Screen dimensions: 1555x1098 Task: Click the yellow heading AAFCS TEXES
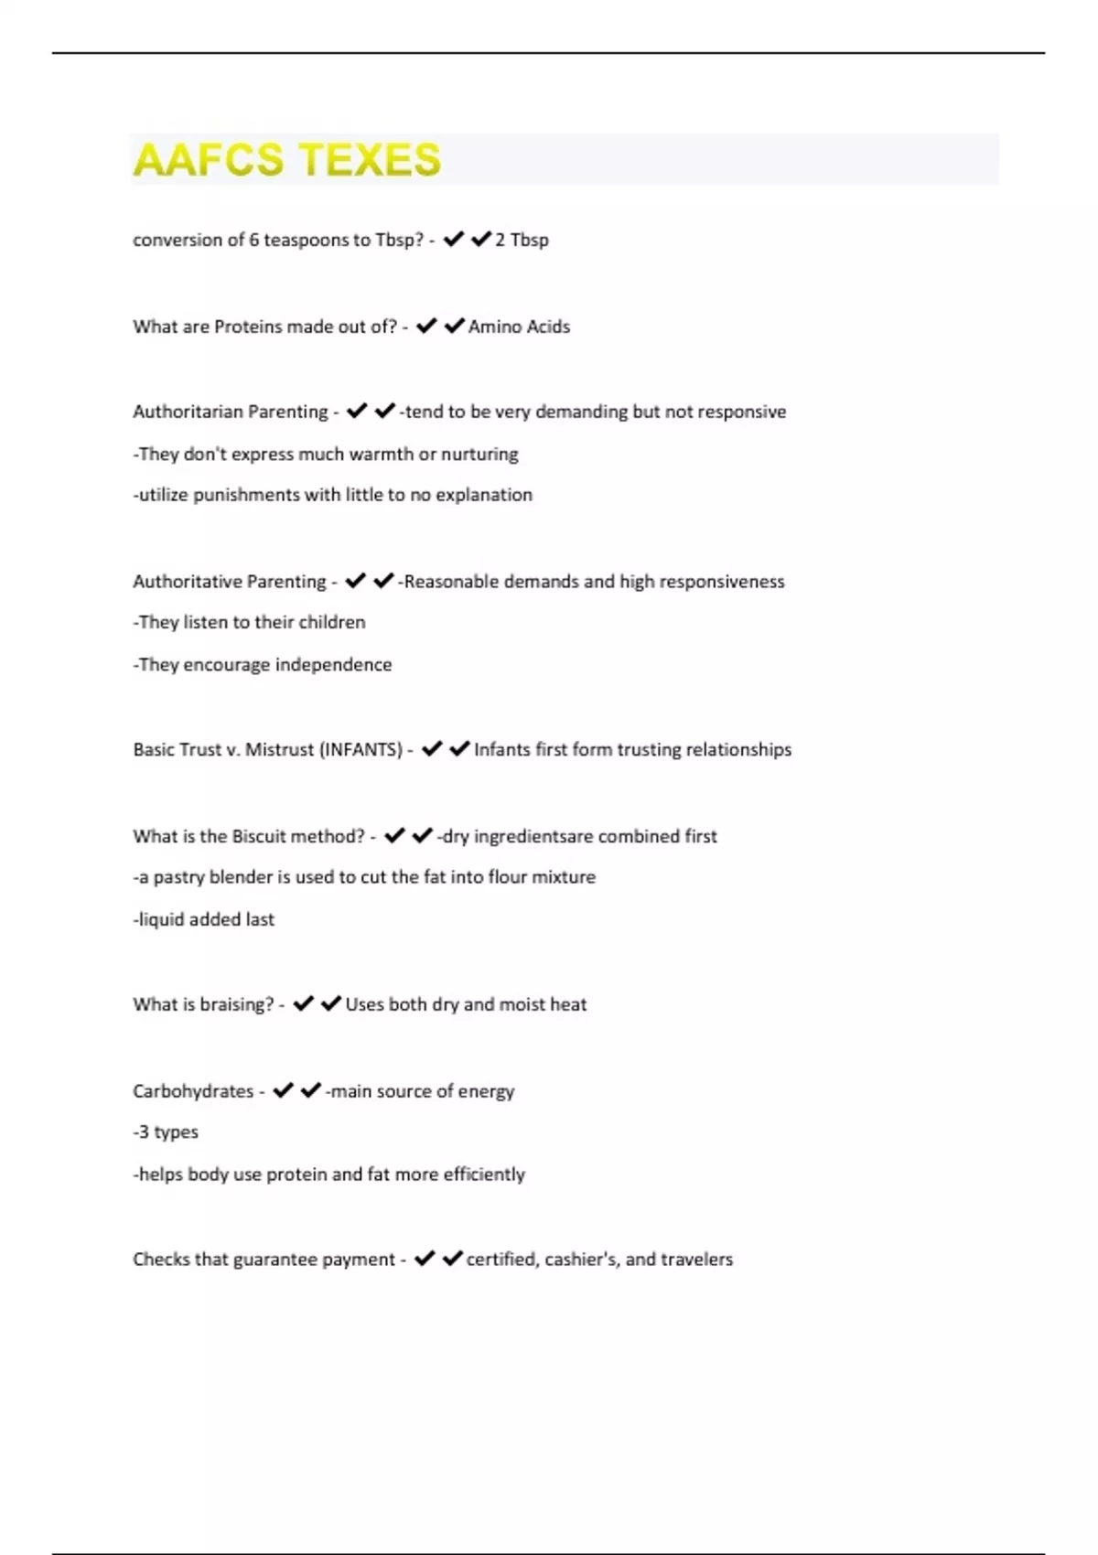click(x=286, y=160)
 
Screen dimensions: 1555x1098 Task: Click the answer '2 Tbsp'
click(x=522, y=240)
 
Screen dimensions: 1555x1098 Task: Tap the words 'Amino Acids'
click(x=519, y=327)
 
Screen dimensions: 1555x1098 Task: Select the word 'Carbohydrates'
click(x=193, y=1091)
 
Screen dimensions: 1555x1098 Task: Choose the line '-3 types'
click(x=166, y=1132)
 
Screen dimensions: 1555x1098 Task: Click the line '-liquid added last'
click(x=203, y=919)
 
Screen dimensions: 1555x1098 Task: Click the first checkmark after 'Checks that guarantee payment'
click(x=424, y=1259)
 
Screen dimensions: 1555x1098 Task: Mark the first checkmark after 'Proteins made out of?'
click(x=426, y=326)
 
